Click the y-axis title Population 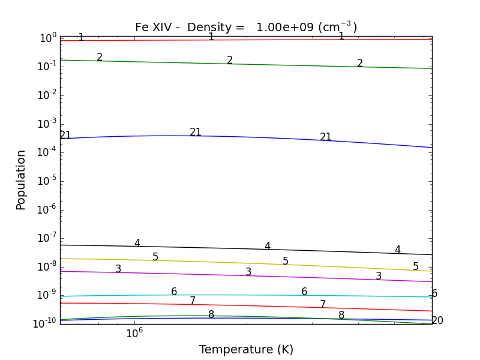tap(21, 179)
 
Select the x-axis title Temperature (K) tap(246, 349)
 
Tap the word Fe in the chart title tap(142, 28)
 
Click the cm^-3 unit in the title tap(337, 28)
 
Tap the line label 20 tap(437, 321)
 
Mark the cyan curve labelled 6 tap(240, 295)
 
